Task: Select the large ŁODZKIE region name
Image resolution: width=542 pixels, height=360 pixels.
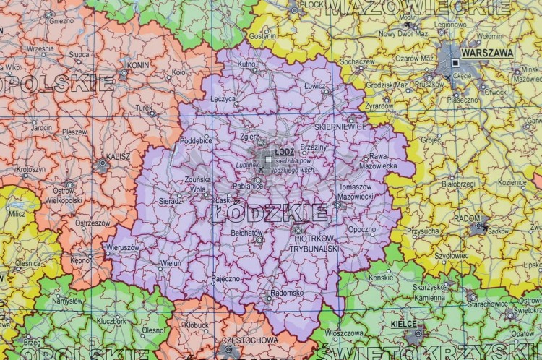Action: click(x=270, y=213)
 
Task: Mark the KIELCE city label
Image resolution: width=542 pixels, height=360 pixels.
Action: click(x=404, y=324)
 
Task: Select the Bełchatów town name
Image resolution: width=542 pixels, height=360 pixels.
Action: click(x=248, y=233)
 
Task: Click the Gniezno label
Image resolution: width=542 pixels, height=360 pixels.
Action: click(x=60, y=20)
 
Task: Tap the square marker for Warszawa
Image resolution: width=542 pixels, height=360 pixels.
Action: click(x=455, y=63)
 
